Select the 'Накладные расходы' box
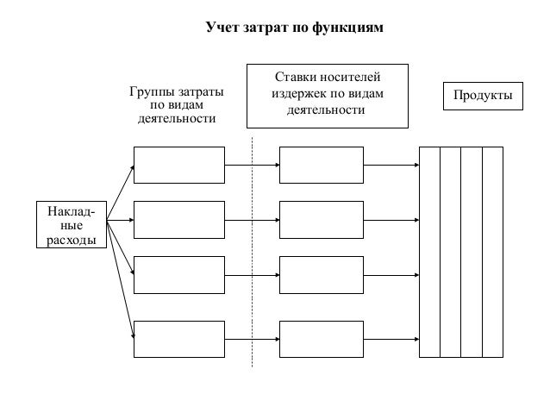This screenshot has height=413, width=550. click(x=72, y=224)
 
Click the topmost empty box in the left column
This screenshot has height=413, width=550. click(x=178, y=165)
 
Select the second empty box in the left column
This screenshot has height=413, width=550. click(x=178, y=219)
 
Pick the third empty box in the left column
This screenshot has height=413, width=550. click(x=178, y=273)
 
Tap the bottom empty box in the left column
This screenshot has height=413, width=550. click(x=178, y=339)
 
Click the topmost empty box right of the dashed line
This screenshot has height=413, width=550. click(x=321, y=165)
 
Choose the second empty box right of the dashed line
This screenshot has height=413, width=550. click(x=321, y=219)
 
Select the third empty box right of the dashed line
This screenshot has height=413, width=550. click(x=321, y=273)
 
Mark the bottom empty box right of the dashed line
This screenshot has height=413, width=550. click(x=321, y=339)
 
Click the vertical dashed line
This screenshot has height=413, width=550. click(x=252, y=259)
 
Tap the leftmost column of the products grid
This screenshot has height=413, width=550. click(x=429, y=252)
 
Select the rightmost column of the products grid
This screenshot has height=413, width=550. click(x=493, y=252)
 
